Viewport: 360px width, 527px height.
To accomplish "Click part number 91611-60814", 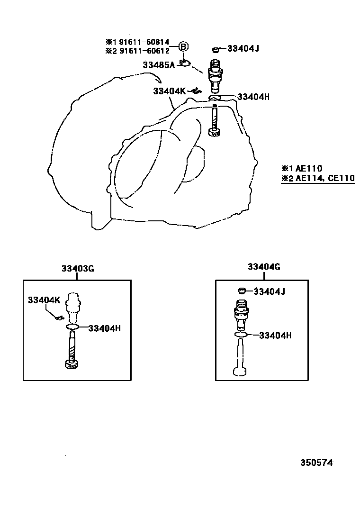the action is coord(144,42).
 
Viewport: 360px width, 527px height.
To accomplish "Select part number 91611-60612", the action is coord(144,51).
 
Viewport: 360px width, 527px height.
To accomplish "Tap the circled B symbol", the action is coord(183,46).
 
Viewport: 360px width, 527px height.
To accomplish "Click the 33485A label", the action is coord(159,65).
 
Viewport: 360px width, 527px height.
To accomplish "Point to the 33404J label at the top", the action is coord(243,49).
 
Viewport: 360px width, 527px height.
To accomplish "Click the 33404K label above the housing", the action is coord(169,91).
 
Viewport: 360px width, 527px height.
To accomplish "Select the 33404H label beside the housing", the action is coord(253,97).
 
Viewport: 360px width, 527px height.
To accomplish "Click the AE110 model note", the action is coord(309,168).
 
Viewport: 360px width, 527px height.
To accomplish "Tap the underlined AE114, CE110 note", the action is coord(325,178).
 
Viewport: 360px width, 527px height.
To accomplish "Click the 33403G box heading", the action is coord(78,269).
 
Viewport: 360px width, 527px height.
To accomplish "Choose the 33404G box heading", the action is coord(264,267).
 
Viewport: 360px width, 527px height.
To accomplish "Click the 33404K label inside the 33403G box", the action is coord(44,300).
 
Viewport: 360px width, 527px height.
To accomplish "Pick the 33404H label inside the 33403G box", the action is coord(104,328).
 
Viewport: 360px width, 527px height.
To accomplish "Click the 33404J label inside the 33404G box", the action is coord(270,291).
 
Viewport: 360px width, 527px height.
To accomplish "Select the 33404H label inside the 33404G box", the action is coord(275,336).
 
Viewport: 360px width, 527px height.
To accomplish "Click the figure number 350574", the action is coord(317,463).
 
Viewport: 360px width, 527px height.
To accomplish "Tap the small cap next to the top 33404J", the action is coord(216,50).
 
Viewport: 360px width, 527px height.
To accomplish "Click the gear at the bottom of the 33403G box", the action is coord(72,364).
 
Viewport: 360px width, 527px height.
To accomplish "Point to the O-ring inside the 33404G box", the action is coord(241,335).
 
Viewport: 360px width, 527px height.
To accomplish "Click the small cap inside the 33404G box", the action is coord(242,291).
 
